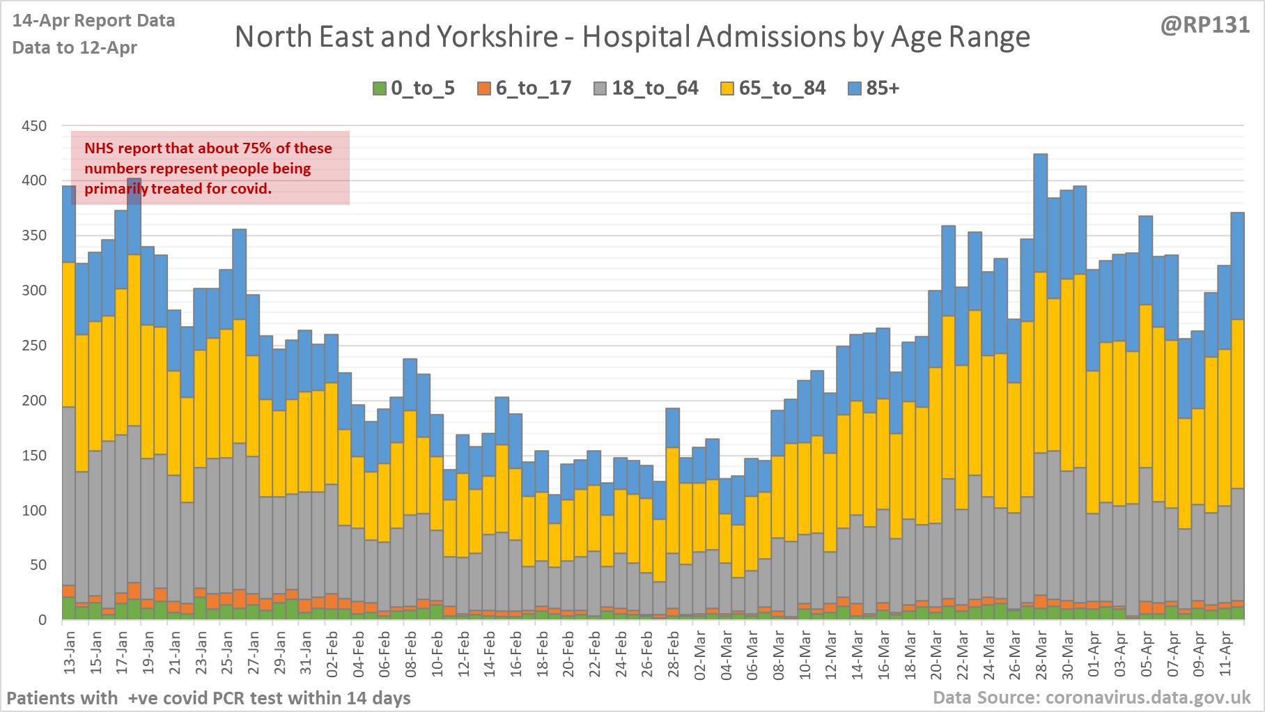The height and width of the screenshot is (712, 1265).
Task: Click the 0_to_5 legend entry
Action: [x=414, y=88]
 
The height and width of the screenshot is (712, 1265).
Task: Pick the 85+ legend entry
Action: [x=874, y=88]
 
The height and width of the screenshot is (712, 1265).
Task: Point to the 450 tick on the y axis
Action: [x=34, y=126]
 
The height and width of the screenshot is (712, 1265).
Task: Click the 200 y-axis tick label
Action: [x=34, y=401]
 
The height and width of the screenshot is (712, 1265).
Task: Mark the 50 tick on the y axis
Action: [x=38, y=565]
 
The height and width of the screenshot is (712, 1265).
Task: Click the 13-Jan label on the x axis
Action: [x=70, y=653]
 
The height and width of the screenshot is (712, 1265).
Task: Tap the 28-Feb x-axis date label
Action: [x=674, y=653]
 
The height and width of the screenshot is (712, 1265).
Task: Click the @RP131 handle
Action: [x=1205, y=25]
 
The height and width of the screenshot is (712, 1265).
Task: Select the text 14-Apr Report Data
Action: [x=93, y=21]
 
